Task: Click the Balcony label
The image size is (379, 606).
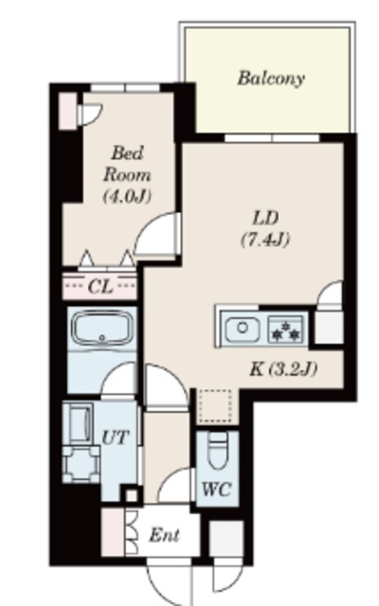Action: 271,78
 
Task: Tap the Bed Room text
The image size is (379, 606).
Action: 127,164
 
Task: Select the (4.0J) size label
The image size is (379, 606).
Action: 127,196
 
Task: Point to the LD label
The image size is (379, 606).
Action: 265,219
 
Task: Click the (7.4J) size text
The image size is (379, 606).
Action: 265,240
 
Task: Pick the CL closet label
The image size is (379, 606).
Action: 100,287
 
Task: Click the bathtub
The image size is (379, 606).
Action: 101,329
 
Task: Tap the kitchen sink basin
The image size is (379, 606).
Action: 243,329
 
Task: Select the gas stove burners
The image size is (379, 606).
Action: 286,329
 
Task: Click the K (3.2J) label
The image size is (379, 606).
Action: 283,369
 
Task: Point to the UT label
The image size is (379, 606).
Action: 115,437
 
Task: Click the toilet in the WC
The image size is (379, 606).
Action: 218,450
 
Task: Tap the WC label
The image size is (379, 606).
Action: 217,490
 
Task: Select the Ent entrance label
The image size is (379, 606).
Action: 164,535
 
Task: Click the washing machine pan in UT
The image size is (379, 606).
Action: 81,464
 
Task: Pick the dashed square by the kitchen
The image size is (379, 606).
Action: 215,406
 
